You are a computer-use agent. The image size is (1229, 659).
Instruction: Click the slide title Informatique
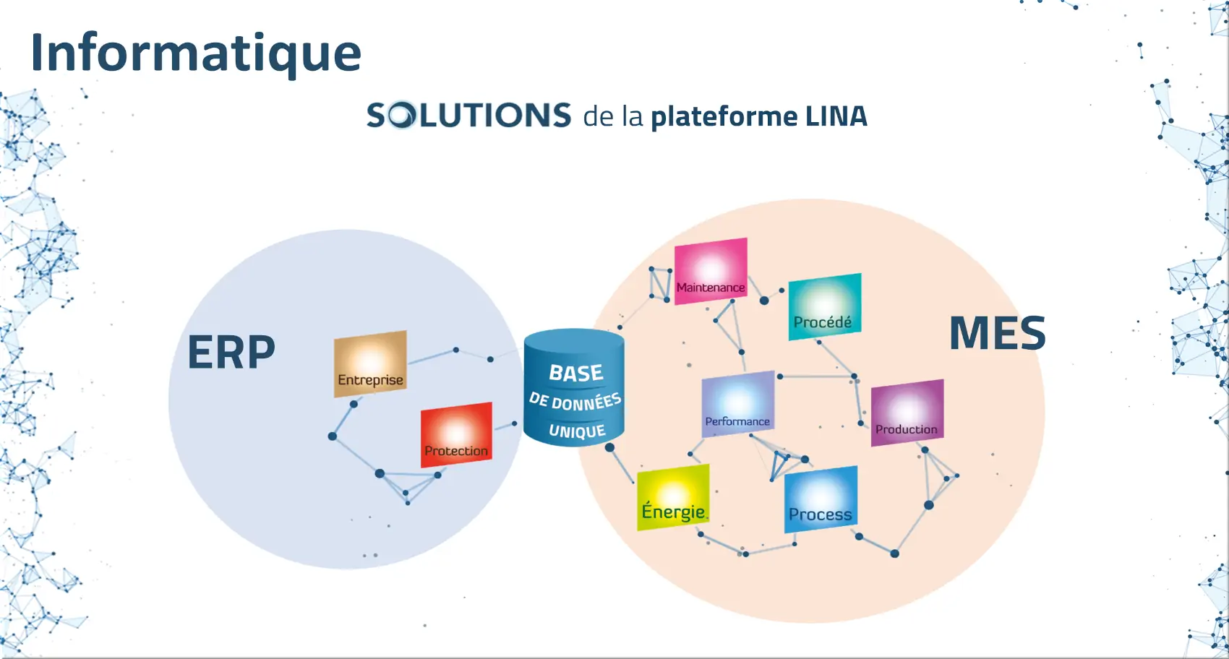tap(195, 53)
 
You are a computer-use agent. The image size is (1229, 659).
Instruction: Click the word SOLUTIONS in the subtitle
tap(468, 116)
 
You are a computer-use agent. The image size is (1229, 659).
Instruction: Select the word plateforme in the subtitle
tap(724, 117)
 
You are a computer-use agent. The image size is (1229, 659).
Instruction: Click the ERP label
tap(231, 353)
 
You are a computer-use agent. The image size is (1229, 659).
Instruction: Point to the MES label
tap(997, 333)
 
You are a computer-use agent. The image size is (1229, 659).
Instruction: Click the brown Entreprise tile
tap(370, 363)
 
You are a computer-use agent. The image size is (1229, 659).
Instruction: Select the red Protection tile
tap(456, 434)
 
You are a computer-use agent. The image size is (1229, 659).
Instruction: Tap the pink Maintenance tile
tap(711, 271)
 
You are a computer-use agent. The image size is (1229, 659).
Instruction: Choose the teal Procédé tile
tap(824, 306)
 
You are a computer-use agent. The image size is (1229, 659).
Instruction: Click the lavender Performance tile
tap(737, 404)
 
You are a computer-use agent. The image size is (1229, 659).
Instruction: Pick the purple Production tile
tap(907, 413)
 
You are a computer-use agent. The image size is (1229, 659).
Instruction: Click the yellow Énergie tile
tap(673, 497)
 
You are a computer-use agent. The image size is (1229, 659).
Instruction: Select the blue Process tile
tap(821, 500)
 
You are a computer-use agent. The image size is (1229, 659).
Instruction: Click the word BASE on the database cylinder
tap(575, 373)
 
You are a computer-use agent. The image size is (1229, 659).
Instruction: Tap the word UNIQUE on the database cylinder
tap(576, 431)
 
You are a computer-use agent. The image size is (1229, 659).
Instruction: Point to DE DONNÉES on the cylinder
tap(575, 401)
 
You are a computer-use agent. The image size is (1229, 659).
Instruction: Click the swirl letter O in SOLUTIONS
tap(403, 116)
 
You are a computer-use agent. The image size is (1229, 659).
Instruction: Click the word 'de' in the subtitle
tap(599, 117)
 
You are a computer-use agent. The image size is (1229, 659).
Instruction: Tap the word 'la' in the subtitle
tap(632, 117)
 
